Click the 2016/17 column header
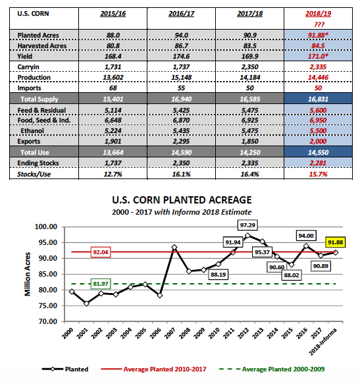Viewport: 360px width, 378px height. (181, 13)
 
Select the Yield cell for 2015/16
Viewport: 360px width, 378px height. (113, 56)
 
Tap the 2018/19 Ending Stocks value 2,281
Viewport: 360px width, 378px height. (318, 163)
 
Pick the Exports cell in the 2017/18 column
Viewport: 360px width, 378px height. (249, 142)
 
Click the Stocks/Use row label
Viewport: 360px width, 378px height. (34, 174)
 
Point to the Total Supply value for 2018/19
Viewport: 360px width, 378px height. (318, 99)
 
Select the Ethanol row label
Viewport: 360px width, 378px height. (32, 130)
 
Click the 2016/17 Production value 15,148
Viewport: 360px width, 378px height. (181, 78)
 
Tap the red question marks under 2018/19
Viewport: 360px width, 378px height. (319, 24)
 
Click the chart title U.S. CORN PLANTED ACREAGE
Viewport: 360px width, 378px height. (182, 200)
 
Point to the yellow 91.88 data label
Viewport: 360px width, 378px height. (335, 242)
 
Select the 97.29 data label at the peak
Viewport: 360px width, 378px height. (247, 225)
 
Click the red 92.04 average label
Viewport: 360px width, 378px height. (101, 252)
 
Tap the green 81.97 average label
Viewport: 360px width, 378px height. (101, 284)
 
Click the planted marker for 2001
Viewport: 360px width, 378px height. (86, 304)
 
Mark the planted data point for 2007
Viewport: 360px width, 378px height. (174, 248)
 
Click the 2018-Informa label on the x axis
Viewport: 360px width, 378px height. (323, 341)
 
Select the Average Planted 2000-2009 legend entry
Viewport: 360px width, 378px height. (272, 369)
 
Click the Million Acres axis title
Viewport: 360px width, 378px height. (28, 274)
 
